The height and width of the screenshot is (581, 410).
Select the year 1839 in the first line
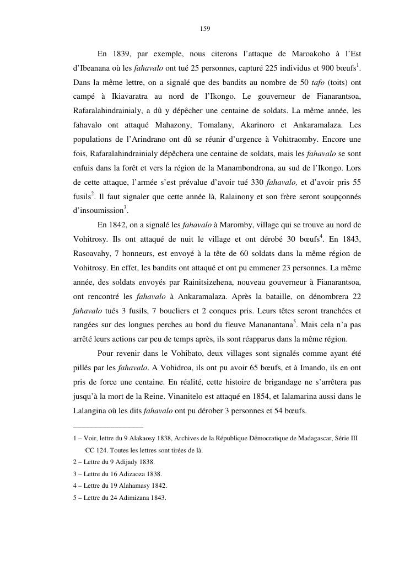click(x=121, y=54)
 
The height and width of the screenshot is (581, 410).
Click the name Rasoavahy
click(x=95, y=254)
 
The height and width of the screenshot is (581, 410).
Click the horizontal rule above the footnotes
click(x=108, y=427)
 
